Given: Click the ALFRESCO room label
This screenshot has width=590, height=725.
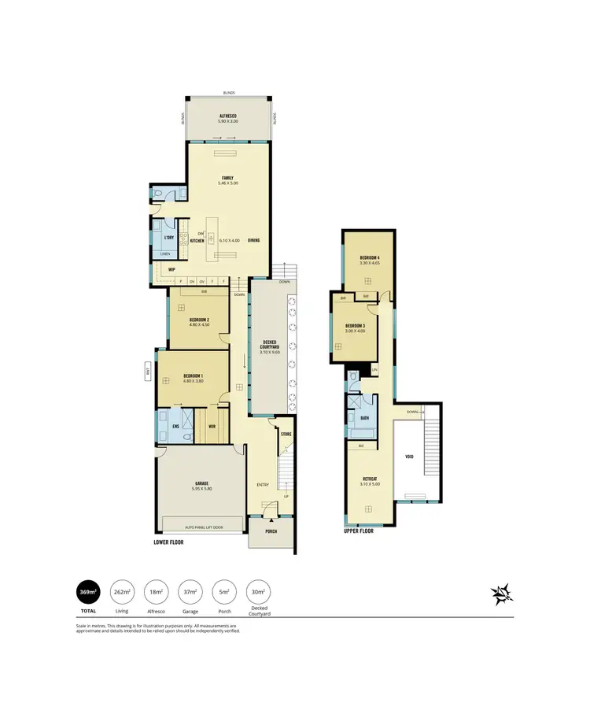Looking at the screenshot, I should (228, 117).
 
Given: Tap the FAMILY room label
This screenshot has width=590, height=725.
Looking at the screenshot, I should (228, 178).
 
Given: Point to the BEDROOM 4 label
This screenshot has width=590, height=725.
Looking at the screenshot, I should (370, 258).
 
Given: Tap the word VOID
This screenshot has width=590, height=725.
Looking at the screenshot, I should (409, 456).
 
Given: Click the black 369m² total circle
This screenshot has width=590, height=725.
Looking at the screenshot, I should (88, 593).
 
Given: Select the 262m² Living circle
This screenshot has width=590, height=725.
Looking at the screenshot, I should (122, 593).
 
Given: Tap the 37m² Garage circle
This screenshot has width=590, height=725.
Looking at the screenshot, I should (190, 593).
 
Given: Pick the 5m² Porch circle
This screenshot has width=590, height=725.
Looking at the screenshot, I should (223, 593).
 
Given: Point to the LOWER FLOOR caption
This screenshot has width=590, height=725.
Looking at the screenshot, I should (168, 542).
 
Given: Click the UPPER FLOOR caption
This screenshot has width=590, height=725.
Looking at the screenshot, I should (359, 531).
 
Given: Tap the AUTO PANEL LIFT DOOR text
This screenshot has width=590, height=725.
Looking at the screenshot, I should (204, 527).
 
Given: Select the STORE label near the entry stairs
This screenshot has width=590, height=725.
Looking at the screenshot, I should (286, 434).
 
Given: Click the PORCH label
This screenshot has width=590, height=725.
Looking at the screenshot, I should (271, 531).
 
